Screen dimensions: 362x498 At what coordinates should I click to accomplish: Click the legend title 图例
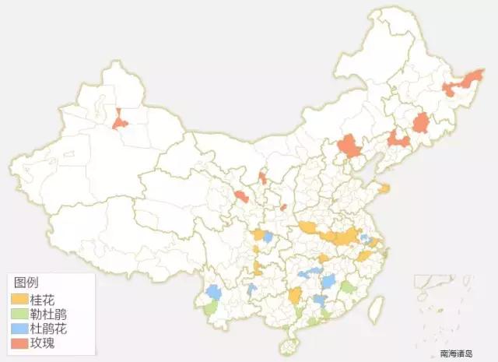pos(27,283)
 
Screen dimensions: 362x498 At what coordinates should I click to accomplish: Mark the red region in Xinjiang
pos(119,121)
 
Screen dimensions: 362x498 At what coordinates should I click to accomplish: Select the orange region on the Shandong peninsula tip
pos(384,188)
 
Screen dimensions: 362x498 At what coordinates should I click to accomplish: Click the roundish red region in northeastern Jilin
pos(421,123)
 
